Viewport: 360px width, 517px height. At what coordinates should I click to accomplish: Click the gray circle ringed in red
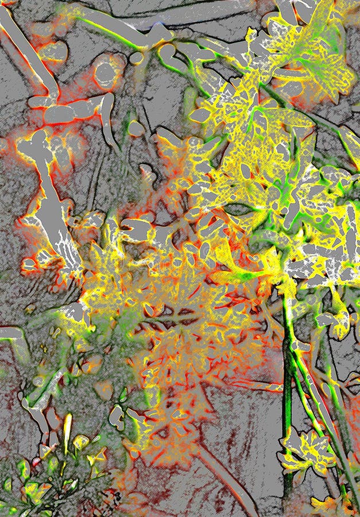105,73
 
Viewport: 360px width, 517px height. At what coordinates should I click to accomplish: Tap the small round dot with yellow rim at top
136,58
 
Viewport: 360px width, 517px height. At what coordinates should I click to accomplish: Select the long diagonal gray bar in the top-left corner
26,48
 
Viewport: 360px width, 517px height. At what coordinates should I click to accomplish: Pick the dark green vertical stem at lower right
287,402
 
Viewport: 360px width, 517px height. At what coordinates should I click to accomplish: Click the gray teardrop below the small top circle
136,128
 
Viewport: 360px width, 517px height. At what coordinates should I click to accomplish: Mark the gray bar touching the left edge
11,333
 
